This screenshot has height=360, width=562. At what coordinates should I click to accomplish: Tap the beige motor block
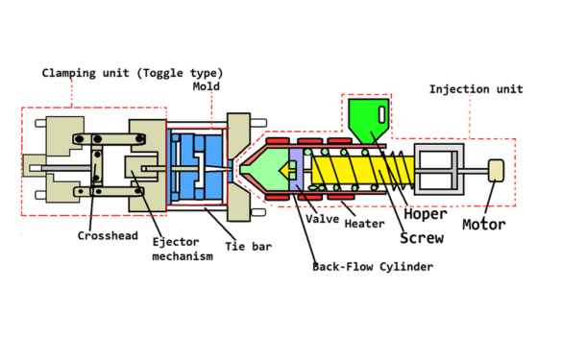pos(497,170)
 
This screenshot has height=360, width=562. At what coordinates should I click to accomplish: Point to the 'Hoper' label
pos(426,213)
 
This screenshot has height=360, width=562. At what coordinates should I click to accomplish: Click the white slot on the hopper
pos(381,115)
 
